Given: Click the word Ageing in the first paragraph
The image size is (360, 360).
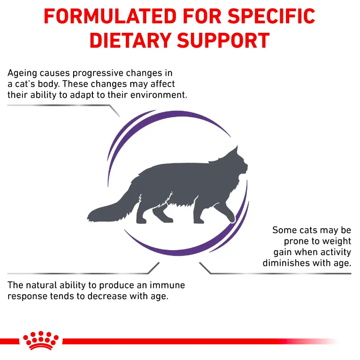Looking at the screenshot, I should click(22, 73).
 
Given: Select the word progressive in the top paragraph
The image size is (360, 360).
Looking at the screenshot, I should click(95, 73).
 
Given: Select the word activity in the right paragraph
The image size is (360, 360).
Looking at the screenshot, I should click(335, 252).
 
